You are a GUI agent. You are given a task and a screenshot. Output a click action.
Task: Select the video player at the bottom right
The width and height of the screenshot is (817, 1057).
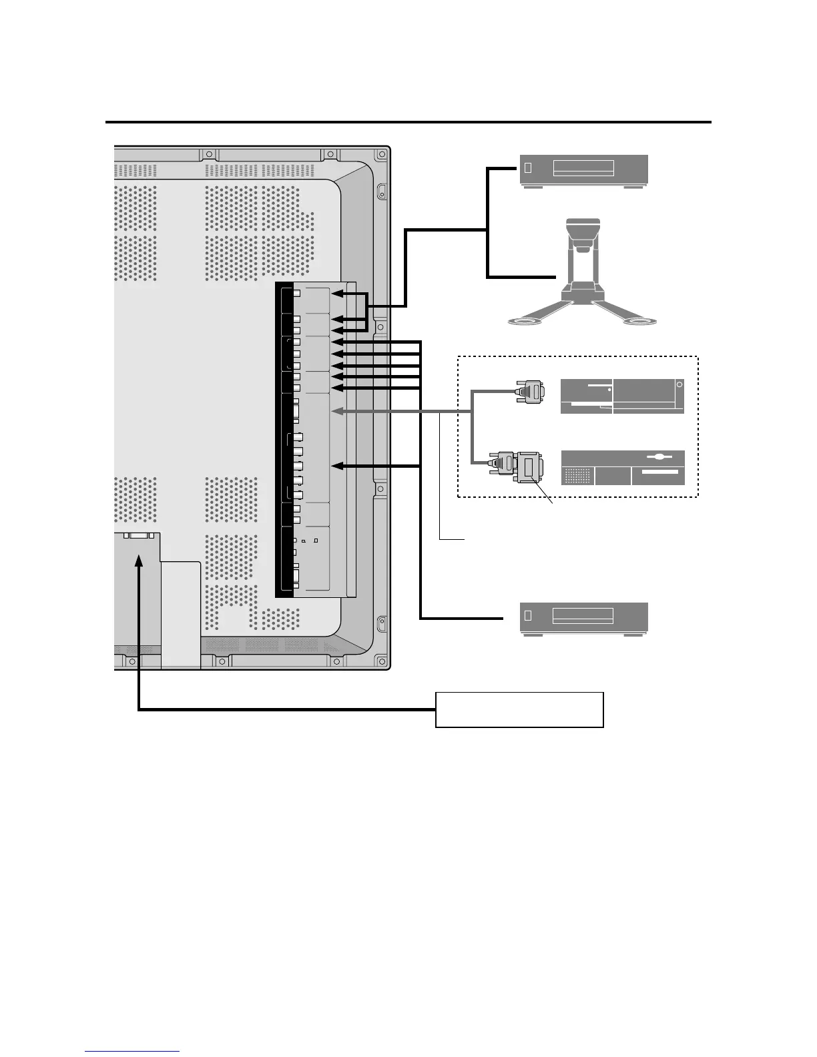583,617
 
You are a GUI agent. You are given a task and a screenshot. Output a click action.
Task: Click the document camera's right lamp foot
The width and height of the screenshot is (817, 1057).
639,322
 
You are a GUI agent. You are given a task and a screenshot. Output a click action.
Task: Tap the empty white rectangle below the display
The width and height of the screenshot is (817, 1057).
519,709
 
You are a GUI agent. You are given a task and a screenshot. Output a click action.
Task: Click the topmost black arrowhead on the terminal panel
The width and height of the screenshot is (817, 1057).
338,294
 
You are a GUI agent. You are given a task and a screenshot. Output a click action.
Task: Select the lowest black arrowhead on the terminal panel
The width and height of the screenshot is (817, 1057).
338,465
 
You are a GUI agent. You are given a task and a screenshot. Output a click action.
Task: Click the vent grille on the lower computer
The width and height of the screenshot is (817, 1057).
577,476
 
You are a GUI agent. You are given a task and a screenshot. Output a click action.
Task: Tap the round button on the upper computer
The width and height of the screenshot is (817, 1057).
678,384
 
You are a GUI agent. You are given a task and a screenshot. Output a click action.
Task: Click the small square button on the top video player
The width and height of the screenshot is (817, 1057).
529,167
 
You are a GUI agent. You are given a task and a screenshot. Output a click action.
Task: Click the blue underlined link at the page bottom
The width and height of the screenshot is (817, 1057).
132,1050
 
